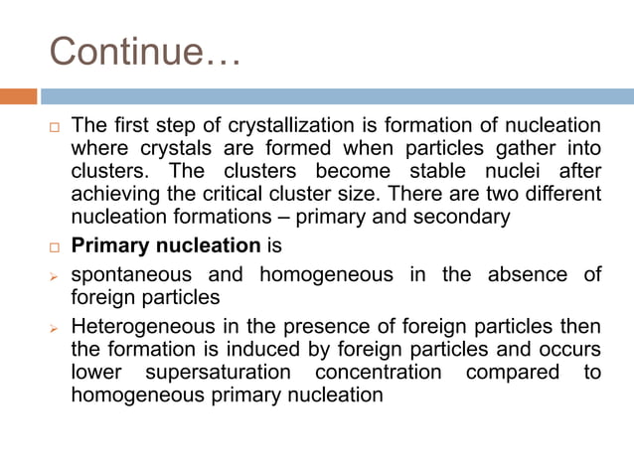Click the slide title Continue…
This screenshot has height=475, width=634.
pyautogui.click(x=145, y=49)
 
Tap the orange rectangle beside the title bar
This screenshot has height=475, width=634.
pyautogui.click(x=18, y=96)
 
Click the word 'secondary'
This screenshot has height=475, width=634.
pyautogui.click(x=467, y=216)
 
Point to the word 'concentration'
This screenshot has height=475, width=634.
pyautogui.click(x=378, y=372)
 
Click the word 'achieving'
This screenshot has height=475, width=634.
pyautogui.click(x=117, y=192)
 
